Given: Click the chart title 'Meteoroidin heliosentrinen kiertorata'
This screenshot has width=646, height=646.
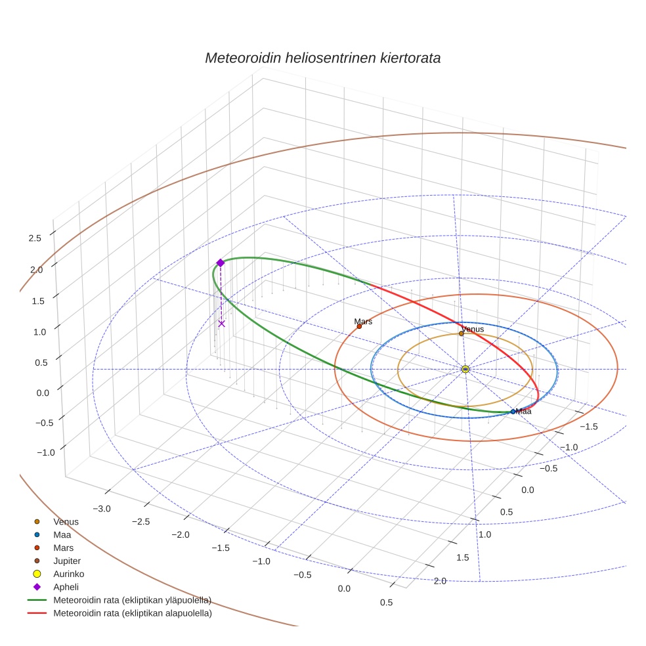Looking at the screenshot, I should (x=322, y=58).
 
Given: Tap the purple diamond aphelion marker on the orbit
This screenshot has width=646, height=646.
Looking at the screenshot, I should (x=221, y=263).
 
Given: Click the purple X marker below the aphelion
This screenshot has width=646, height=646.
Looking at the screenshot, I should (x=221, y=323).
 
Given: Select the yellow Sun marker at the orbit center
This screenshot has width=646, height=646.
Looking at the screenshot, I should (x=465, y=370).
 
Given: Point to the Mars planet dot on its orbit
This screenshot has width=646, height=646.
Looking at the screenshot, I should (x=359, y=326).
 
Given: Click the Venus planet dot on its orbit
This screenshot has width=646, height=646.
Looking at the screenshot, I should (x=462, y=333).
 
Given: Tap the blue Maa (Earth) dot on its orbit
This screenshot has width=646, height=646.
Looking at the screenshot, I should (x=513, y=412).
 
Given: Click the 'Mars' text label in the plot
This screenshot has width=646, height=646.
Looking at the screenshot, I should (x=363, y=322).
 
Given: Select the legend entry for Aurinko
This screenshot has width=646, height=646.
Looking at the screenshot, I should (x=68, y=574).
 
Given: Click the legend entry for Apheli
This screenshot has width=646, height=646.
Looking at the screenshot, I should (x=66, y=587).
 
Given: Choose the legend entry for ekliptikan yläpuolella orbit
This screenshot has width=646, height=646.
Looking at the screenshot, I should (x=132, y=600).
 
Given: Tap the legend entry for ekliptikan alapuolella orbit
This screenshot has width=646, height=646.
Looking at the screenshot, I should (x=132, y=614).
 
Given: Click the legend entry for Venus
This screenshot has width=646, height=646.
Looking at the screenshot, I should (x=66, y=522).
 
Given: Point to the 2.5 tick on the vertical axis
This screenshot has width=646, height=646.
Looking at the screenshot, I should (x=35, y=238).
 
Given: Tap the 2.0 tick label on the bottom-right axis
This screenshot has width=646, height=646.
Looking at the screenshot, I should (x=440, y=580).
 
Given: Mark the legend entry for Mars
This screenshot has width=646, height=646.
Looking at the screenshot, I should (x=63, y=548).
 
